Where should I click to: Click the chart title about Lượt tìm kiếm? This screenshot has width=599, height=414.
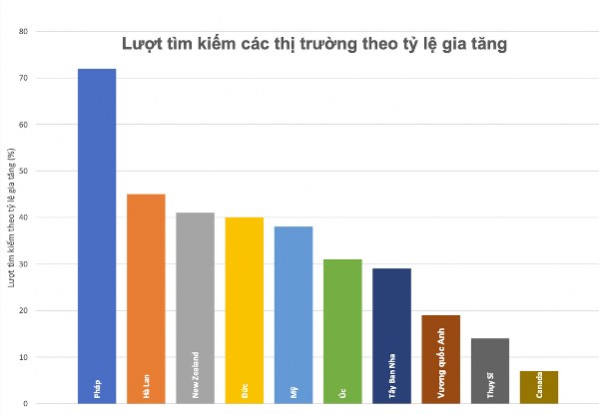click(x=314, y=44)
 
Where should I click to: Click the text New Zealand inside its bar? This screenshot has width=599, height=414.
click(x=195, y=375)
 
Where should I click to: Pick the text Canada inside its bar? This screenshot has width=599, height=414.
click(x=539, y=385)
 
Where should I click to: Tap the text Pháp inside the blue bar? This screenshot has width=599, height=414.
click(x=97, y=390)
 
